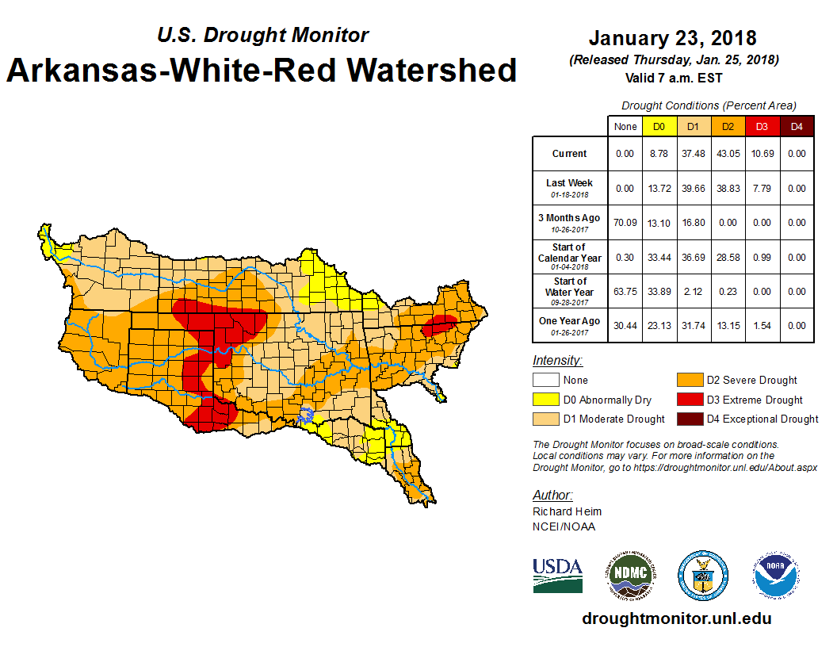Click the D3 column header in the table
click(x=762, y=126)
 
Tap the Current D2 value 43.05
click(x=728, y=154)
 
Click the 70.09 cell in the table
click(x=625, y=223)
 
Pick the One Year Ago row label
click(x=569, y=325)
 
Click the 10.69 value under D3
click(x=762, y=154)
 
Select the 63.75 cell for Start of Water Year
click(x=625, y=291)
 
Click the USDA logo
click(x=557, y=575)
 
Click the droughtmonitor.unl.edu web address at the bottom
click(x=676, y=618)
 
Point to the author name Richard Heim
click(x=567, y=511)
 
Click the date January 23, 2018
click(x=672, y=38)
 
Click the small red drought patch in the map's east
click(x=438, y=325)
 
